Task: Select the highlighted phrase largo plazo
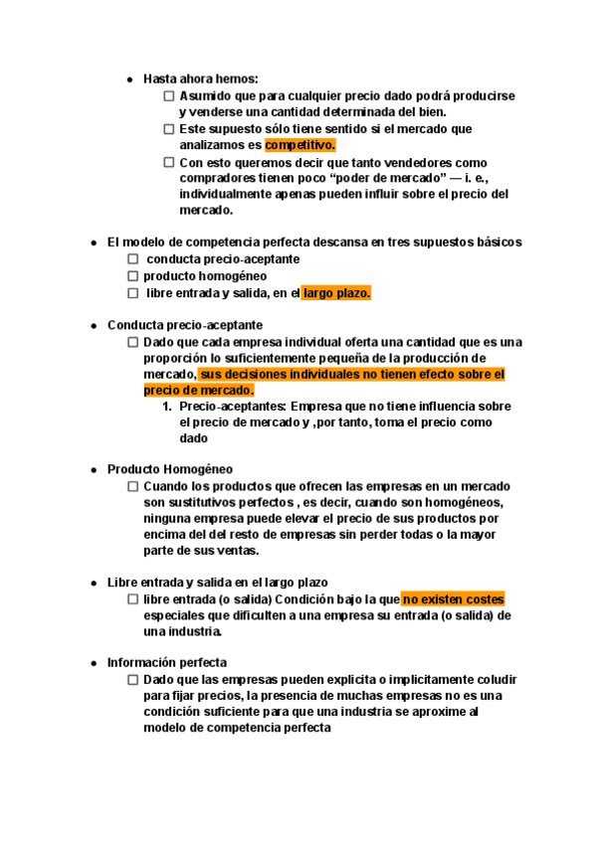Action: pos(337,292)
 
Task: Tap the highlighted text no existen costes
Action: pos(453,599)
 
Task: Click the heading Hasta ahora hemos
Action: pos(201,79)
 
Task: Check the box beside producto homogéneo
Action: pos(132,275)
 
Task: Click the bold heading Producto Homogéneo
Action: pos(169,468)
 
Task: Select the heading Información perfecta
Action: pos(166,662)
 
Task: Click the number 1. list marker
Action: pos(166,407)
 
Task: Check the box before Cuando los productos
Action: pos(132,486)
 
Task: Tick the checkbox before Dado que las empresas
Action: pos(132,679)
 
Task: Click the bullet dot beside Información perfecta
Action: pos(94,662)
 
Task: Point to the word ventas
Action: pos(238,551)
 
